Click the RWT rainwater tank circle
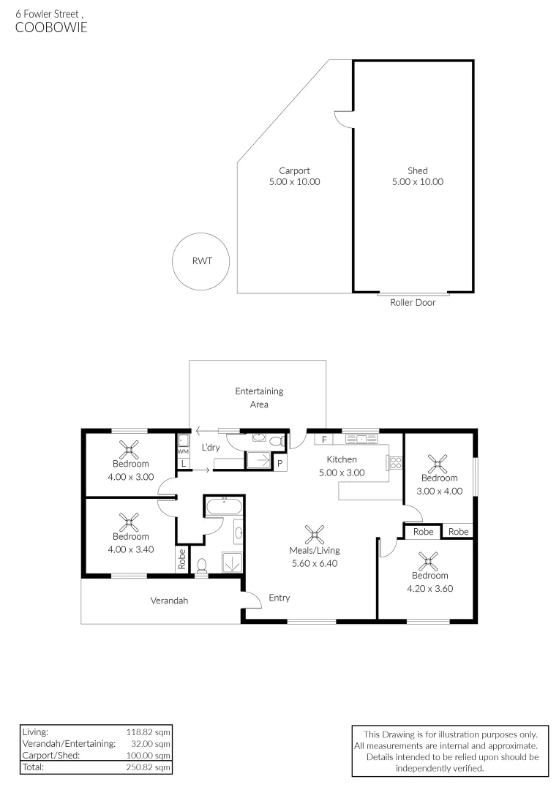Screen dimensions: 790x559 pyautogui.click(x=200, y=260)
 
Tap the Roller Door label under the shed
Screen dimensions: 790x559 pyautogui.click(x=413, y=302)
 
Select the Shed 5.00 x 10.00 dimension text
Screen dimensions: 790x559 pyautogui.click(x=417, y=182)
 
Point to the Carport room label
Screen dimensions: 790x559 pyautogui.click(x=294, y=171)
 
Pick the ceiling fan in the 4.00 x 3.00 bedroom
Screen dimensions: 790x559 pyautogui.click(x=130, y=448)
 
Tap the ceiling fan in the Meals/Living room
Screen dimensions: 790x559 pyautogui.click(x=315, y=533)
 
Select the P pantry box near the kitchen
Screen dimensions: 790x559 pyautogui.click(x=279, y=464)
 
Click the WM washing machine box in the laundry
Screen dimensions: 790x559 pyautogui.click(x=183, y=451)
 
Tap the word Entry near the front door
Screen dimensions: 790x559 pyautogui.click(x=279, y=598)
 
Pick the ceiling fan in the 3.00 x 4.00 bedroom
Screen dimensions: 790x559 pyautogui.click(x=439, y=462)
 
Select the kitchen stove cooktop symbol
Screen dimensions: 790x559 pyautogui.click(x=395, y=462)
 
